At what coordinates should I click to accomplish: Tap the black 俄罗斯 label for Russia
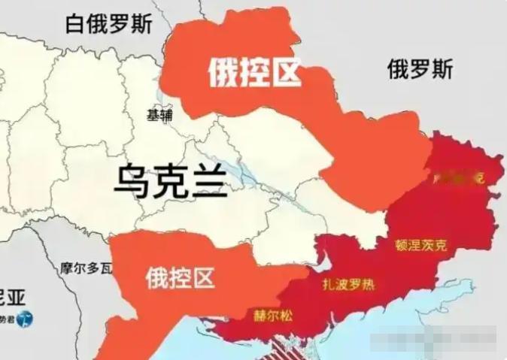pyautogui.click(x=420, y=70)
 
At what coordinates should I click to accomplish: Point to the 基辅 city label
pyautogui.click(x=159, y=115)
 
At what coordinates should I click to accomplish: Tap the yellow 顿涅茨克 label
pyautogui.click(x=420, y=244)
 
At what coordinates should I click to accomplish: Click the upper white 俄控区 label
pyautogui.click(x=254, y=74)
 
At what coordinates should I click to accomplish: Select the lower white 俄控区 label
pyautogui.click(x=181, y=279)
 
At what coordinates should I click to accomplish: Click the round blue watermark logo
pyautogui.click(x=27, y=319)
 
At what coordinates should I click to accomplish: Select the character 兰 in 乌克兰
pyautogui.click(x=208, y=181)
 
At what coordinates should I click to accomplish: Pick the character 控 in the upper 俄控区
pyautogui.click(x=254, y=74)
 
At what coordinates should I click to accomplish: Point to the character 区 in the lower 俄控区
pyautogui.click(x=203, y=279)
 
